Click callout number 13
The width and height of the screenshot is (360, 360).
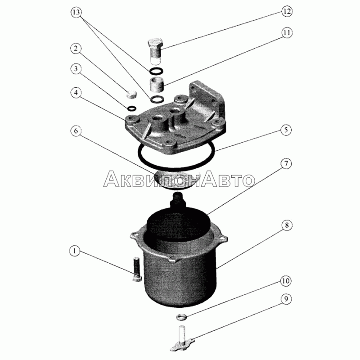76,13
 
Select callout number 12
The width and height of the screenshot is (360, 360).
287,12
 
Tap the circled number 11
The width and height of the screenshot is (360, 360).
287,33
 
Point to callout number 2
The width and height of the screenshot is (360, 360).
76,49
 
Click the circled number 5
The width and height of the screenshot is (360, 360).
286,130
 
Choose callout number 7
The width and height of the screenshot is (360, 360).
286,164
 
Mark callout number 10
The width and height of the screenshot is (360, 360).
286,281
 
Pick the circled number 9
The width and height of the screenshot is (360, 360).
286,299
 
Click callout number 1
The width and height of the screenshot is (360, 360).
75,251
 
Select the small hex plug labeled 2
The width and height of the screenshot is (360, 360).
131,94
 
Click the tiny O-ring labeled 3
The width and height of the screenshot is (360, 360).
131,108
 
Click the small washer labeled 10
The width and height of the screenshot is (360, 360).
181,317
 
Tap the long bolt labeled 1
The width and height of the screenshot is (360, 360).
137,270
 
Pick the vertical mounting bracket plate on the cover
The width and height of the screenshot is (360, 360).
207,101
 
